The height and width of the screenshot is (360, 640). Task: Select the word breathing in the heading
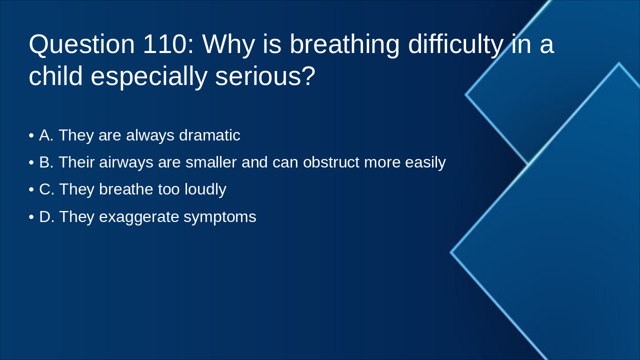[344, 44]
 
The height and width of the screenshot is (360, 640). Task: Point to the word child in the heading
[55, 76]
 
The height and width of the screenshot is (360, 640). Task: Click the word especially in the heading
[148, 76]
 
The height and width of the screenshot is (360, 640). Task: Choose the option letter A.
[45, 135]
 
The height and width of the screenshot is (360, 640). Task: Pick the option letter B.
[45, 162]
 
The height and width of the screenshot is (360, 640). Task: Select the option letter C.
[46, 189]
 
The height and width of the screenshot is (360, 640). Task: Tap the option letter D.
[46, 216]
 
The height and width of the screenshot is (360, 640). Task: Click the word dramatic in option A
[209, 135]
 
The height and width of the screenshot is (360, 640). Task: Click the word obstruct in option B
[331, 162]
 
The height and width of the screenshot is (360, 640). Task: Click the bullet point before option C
[31, 190]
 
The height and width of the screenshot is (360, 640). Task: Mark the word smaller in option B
[211, 162]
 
